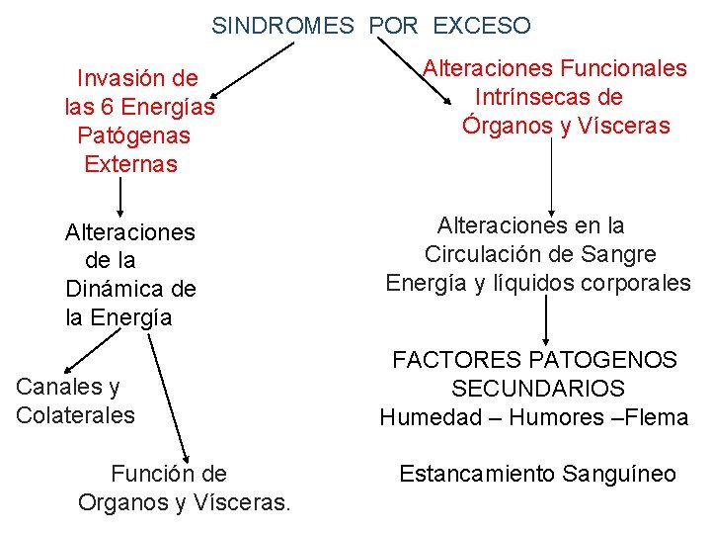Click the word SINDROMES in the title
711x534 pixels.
(x=281, y=26)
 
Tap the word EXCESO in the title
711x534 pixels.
(x=482, y=26)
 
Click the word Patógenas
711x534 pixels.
(x=133, y=134)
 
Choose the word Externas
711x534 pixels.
(x=131, y=164)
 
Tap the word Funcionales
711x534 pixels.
(x=623, y=68)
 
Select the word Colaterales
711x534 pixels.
(x=75, y=415)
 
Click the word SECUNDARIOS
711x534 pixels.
(x=538, y=389)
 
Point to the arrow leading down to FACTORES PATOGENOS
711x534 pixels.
(x=547, y=320)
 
